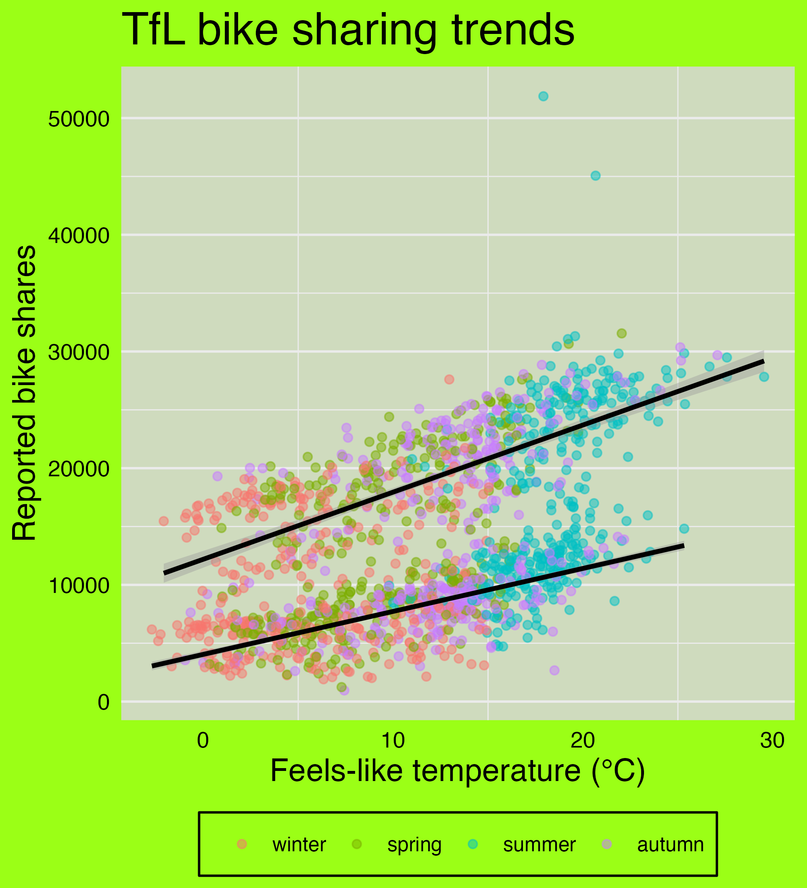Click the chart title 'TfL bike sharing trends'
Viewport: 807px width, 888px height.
point(347,30)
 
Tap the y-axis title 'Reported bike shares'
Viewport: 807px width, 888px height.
point(24,392)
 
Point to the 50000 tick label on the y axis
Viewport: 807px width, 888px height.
point(79,119)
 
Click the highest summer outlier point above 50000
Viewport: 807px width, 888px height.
point(543,96)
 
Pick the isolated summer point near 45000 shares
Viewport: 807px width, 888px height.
point(595,176)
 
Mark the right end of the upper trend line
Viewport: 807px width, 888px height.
point(763,361)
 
